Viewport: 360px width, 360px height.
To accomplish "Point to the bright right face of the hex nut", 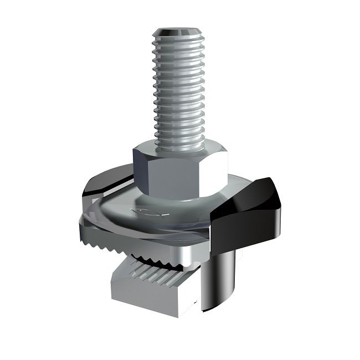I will pyautogui.click(x=217, y=169).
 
